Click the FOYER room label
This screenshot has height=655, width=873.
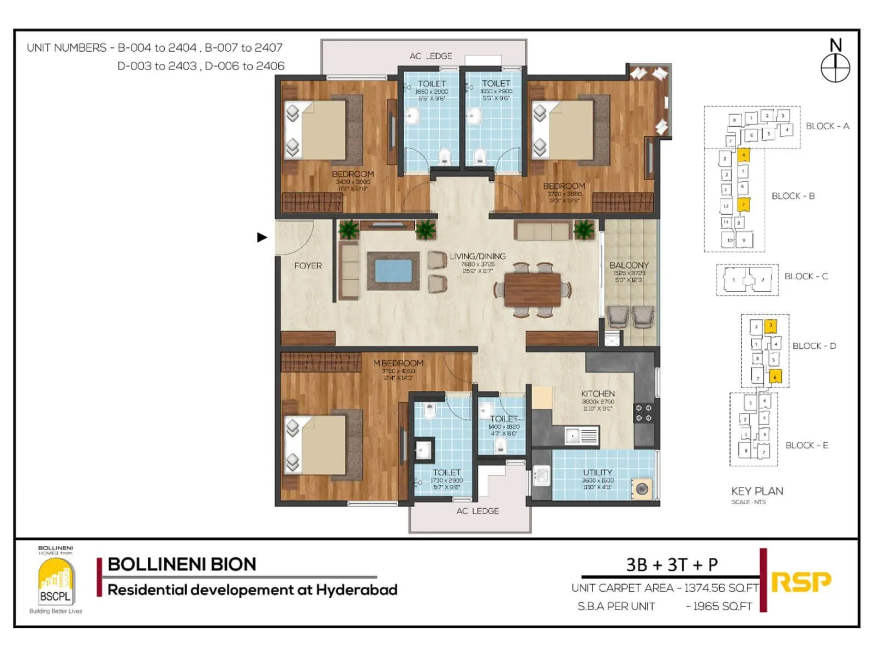click(x=308, y=266)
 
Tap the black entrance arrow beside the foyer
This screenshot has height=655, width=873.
click(x=262, y=237)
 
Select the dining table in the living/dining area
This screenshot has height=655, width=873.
click(x=532, y=289)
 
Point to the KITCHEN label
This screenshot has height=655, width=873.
click(x=597, y=394)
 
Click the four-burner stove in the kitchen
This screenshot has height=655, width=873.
click(x=643, y=413)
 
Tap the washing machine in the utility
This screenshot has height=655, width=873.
click(x=642, y=489)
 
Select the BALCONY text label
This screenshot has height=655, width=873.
click(x=629, y=265)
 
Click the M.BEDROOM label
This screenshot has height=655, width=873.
click(x=398, y=363)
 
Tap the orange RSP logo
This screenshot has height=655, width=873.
click(x=801, y=582)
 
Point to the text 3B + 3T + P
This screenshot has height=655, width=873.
click(x=672, y=564)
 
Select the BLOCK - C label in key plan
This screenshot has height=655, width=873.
click(x=806, y=276)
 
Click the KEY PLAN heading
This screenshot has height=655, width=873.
click(x=757, y=491)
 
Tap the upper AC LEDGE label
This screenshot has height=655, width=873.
click(x=430, y=56)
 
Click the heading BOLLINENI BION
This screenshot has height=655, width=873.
click(x=182, y=564)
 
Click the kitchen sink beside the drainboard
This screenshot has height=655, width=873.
click(x=572, y=436)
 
